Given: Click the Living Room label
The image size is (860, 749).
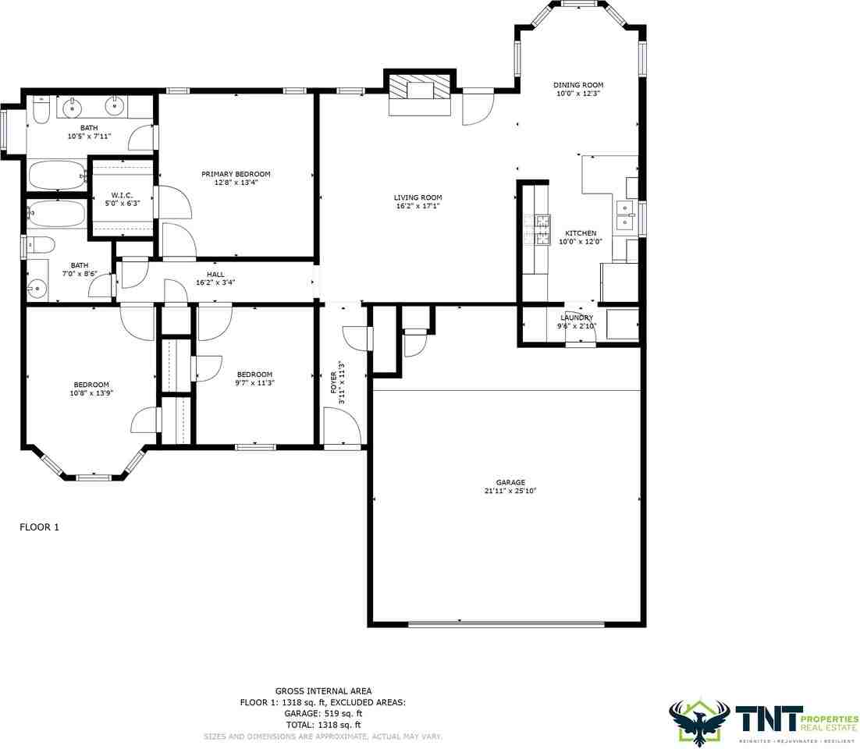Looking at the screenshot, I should [x=418, y=202].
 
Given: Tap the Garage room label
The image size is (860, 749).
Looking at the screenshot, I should [x=510, y=487].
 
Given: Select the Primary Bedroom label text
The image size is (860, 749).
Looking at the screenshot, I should [x=236, y=179].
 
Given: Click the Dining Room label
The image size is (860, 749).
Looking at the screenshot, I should [x=578, y=89].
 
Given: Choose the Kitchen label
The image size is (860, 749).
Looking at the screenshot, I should [x=581, y=237].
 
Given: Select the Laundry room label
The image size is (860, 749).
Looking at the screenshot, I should [x=576, y=321].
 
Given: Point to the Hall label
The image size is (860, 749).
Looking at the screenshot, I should [x=215, y=279].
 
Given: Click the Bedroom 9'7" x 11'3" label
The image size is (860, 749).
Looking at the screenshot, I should [x=254, y=378].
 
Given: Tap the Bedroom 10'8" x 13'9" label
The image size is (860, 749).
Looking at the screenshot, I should [x=91, y=389].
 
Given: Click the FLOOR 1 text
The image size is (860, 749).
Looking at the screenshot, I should [x=39, y=527].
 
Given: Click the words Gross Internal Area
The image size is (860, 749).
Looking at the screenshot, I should [x=323, y=690].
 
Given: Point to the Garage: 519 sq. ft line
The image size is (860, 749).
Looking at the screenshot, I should [x=323, y=713].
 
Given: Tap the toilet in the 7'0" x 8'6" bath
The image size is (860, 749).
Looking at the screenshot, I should [x=39, y=245].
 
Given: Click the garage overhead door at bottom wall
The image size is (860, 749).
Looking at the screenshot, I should [x=506, y=623].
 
